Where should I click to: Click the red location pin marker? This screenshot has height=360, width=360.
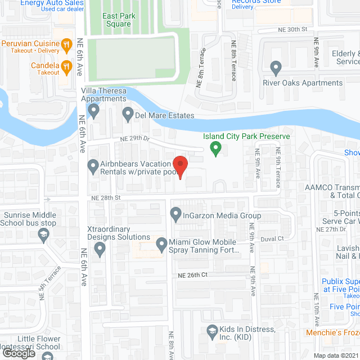[180, 166]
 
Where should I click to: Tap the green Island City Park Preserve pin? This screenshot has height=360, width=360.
[214, 149]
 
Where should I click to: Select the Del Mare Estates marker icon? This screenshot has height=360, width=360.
[128, 115]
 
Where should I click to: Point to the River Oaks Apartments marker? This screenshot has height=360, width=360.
[276, 69]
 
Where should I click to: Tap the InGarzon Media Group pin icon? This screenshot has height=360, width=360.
[175, 214]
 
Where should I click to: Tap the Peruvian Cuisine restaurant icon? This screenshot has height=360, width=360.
[66, 44]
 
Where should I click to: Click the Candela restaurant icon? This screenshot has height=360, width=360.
[66, 67]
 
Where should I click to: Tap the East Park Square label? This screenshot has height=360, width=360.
[116, 20]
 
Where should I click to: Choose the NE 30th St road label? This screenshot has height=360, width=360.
[292, 29]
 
